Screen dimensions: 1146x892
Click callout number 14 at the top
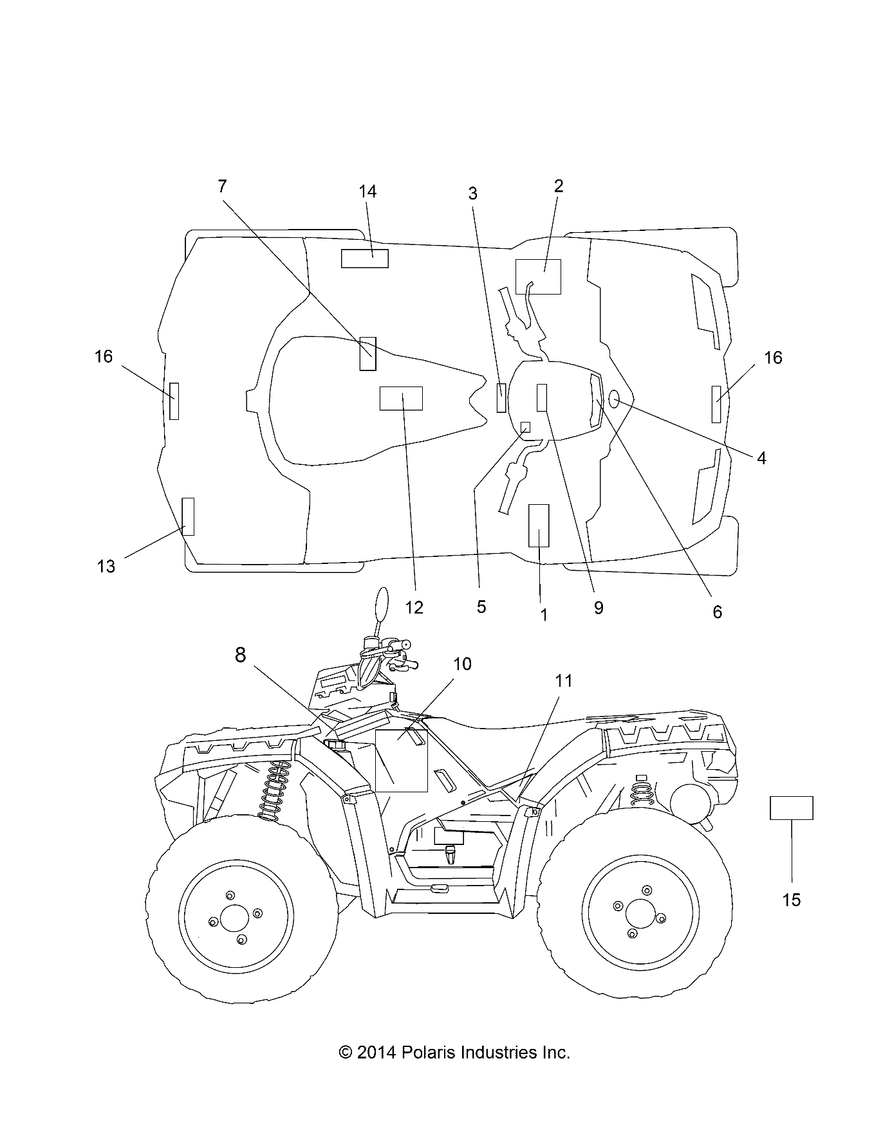point(367,192)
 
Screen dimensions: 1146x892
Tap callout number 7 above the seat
point(222,186)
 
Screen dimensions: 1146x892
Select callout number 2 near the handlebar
point(558,186)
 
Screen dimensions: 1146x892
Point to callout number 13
point(106,566)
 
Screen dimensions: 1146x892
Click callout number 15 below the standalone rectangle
point(791,900)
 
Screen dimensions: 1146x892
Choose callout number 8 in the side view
point(240,655)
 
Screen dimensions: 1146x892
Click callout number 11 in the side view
point(563,681)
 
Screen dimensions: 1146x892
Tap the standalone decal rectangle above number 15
point(791,808)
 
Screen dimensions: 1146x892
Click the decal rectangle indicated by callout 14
point(364,259)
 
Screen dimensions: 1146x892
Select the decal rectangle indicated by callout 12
point(401,398)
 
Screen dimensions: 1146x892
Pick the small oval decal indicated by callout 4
point(614,400)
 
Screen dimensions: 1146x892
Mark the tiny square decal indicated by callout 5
point(525,428)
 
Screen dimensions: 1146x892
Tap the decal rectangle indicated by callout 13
point(188,516)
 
